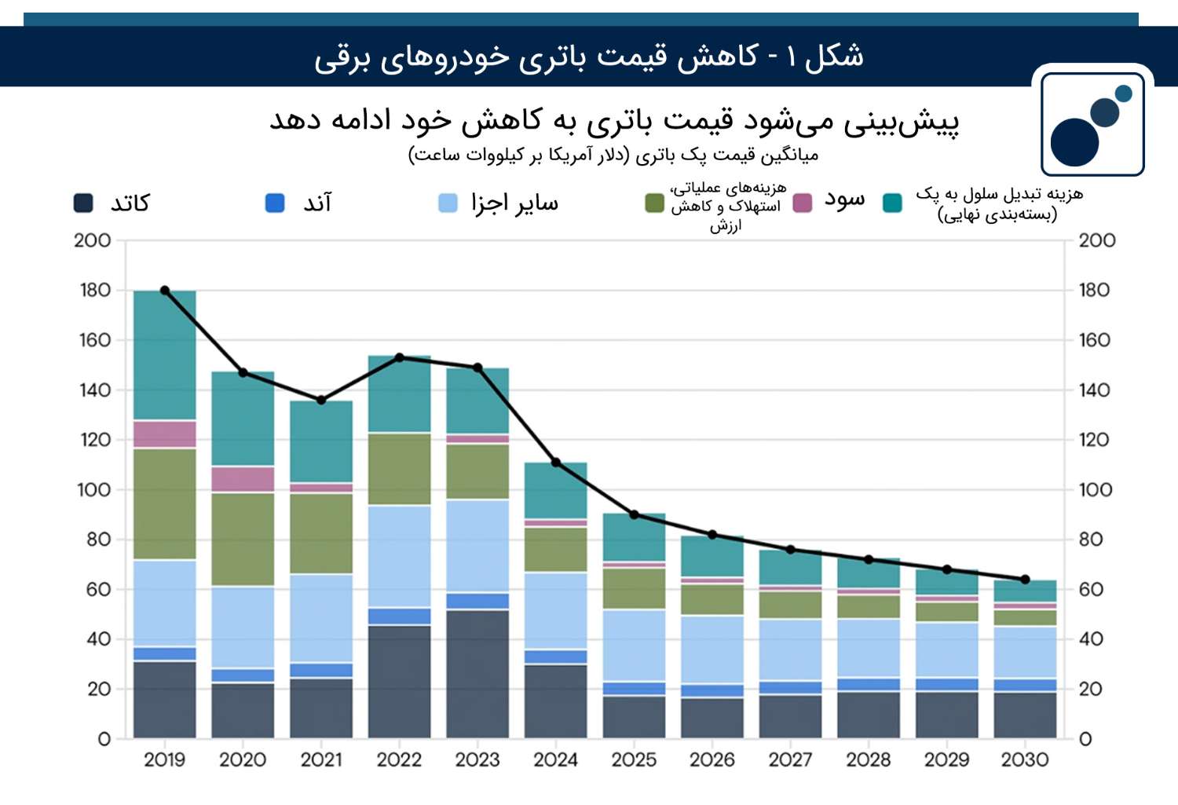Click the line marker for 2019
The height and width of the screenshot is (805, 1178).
[165, 291]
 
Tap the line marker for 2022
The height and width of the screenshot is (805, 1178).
[399, 357]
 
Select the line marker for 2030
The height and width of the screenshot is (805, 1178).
[1025, 580]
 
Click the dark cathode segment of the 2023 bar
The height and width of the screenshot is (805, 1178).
[477, 674]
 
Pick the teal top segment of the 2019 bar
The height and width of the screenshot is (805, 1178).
[165, 356]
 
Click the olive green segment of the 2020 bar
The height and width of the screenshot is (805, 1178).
[243, 539]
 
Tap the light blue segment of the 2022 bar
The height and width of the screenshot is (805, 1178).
[399, 556]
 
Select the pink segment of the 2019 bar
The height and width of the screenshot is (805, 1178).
[165, 434]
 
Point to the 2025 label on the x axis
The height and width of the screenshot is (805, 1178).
[634, 759]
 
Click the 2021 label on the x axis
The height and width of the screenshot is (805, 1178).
[320, 759]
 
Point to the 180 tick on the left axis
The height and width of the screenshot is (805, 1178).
[95, 291]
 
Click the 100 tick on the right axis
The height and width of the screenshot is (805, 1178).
[1096, 490]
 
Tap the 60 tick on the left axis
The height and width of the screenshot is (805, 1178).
[98, 590]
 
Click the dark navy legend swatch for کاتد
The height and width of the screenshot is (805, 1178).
[83, 203]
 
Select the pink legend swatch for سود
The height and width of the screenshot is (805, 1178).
[802, 203]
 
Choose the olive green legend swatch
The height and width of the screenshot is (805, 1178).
[654, 203]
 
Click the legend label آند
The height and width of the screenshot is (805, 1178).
[317, 203]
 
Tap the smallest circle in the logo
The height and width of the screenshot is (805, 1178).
[1123, 93]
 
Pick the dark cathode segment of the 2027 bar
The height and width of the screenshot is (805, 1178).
[790, 717]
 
